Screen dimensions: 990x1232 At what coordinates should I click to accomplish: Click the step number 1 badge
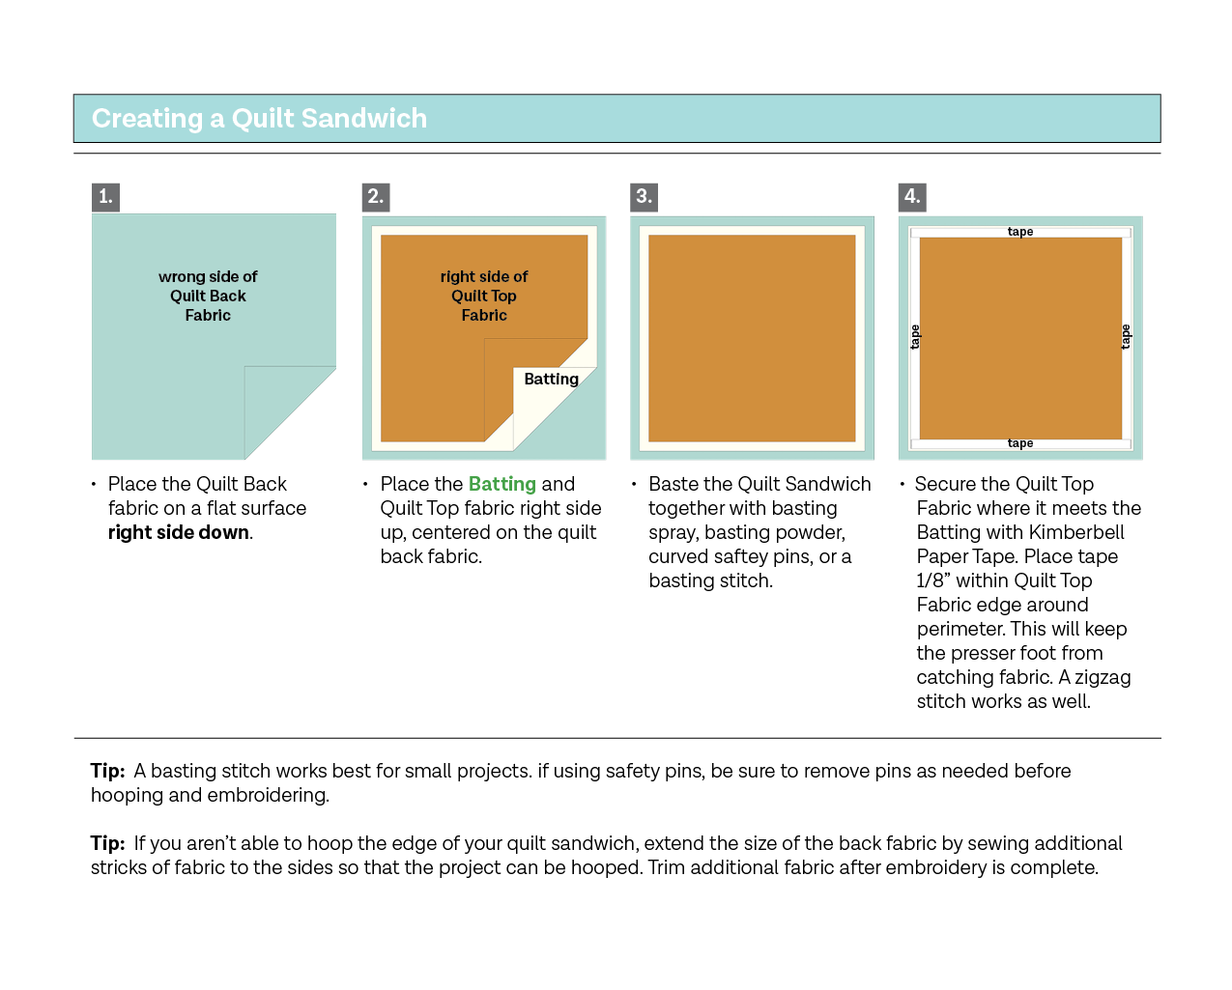click(x=105, y=197)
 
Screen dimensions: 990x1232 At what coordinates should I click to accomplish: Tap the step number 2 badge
click(x=375, y=197)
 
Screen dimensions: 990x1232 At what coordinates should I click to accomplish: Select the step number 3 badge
click(x=644, y=197)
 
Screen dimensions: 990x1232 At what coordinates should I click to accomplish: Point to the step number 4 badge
click(x=912, y=197)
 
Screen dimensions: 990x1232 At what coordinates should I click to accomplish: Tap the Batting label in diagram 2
click(x=551, y=380)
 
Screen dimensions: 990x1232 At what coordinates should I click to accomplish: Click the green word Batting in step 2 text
click(x=501, y=484)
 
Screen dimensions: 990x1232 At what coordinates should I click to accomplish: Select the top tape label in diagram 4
click(x=1020, y=232)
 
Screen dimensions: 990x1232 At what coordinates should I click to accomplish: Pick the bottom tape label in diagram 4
click(x=1020, y=443)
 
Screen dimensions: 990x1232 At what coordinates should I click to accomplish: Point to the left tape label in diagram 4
click(x=915, y=337)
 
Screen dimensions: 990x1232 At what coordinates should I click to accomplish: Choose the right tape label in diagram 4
click(x=1126, y=337)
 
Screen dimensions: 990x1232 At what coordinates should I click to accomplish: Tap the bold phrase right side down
click(x=179, y=532)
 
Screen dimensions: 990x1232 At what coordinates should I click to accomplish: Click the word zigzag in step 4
click(x=1102, y=677)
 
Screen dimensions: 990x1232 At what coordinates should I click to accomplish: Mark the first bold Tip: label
click(x=107, y=771)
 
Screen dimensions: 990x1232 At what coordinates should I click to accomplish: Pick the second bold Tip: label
click(x=107, y=843)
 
